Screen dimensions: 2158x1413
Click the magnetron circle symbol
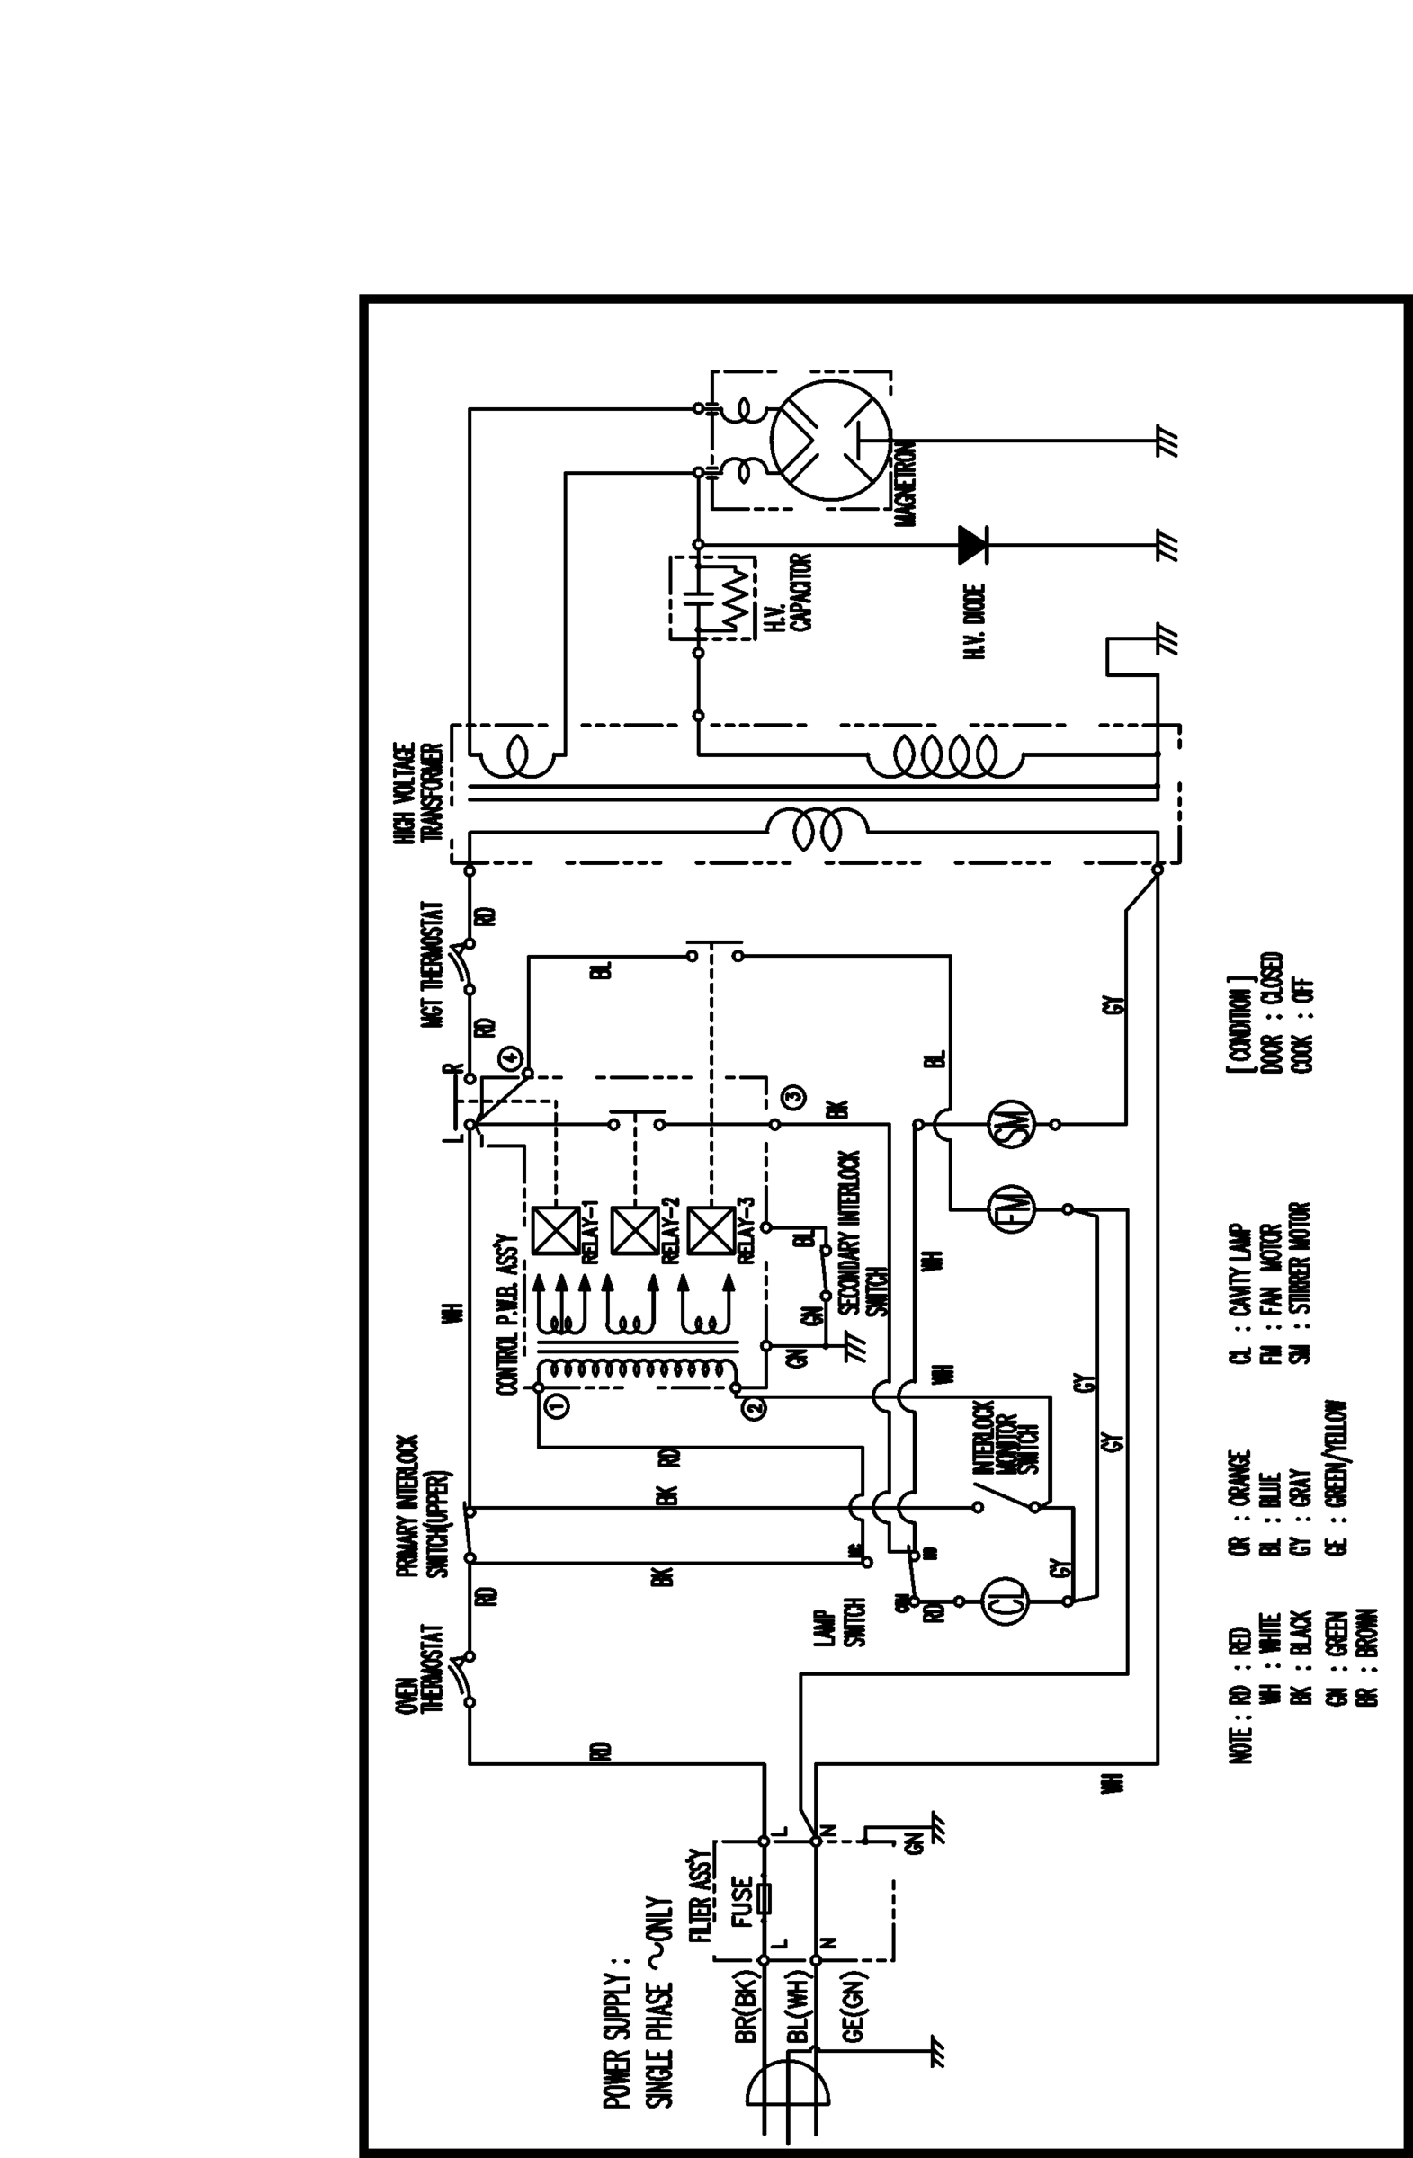pos(831,441)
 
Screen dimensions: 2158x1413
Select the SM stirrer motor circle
pos(1010,1124)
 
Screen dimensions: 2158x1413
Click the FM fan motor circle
pos(1008,1208)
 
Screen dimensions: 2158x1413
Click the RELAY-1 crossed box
pos(555,1230)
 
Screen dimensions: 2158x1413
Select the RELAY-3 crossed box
pos(712,1230)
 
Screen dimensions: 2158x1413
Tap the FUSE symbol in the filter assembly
pos(764,1898)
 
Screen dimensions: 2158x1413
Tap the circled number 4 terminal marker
pos(510,1057)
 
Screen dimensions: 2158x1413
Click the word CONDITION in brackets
pos(1239,1024)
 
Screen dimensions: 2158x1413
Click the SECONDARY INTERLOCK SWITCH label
pos(862,1233)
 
